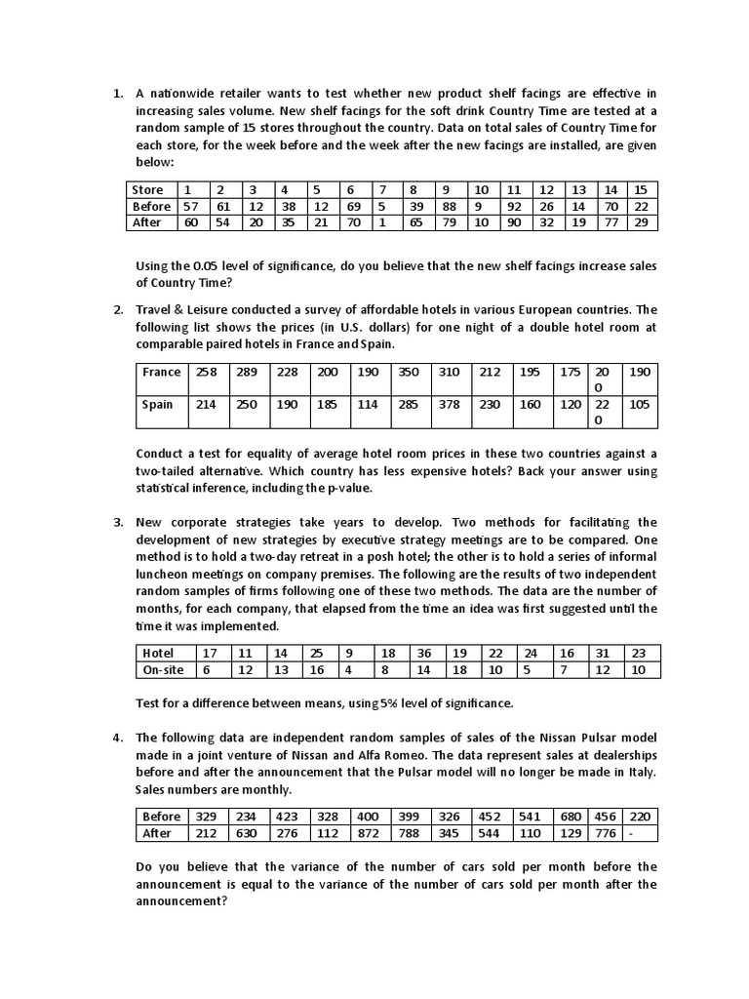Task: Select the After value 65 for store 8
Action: click(x=416, y=222)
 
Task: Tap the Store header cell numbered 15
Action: click(x=640, y=189)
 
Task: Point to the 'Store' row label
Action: click(x=148, y=189)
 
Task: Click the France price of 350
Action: click(x=409, y=372)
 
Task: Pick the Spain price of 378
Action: click(x=449, y=404)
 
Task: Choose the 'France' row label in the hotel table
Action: click(x=162, y=372)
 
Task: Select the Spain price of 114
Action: click(x=367, y=404)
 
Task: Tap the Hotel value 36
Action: click(x=424, y=653)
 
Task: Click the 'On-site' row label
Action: click(x=163, y=669)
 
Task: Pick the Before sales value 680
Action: click(x=571, y=817)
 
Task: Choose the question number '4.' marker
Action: click(x=117, y=738)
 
